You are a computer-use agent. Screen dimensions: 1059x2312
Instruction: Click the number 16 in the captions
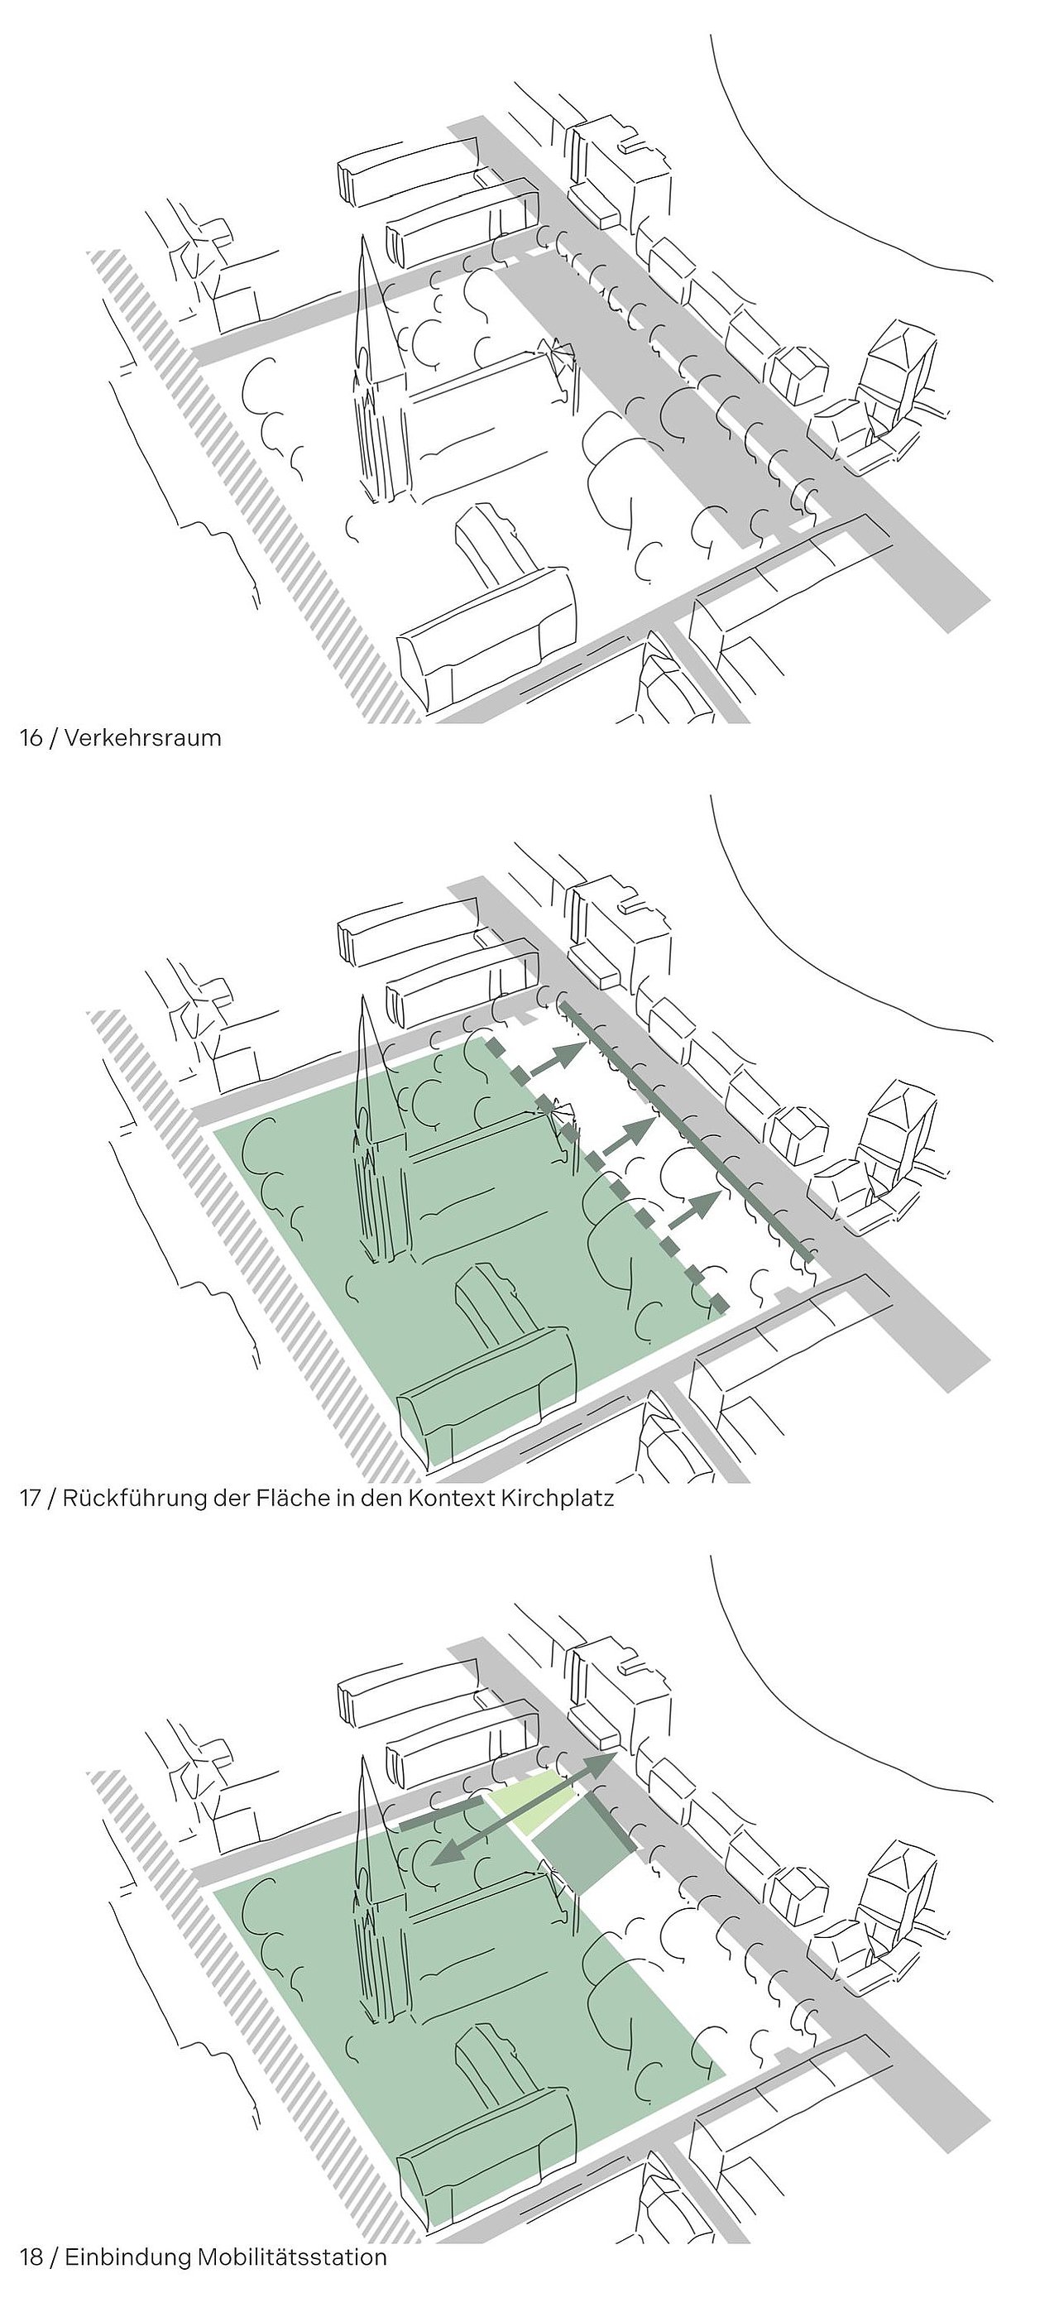31,739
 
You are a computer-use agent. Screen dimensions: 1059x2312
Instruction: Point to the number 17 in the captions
31,1498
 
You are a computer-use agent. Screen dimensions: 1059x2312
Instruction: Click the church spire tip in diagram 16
363,236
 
